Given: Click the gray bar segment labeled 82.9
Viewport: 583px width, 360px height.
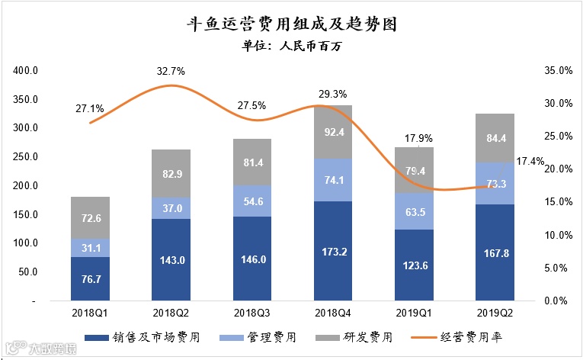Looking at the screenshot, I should point(171,174).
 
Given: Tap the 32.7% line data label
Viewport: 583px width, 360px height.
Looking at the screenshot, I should point(171,71).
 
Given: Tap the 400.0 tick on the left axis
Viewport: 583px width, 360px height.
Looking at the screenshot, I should point(25,71).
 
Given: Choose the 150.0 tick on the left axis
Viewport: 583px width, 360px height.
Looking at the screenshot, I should point(25,215).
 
